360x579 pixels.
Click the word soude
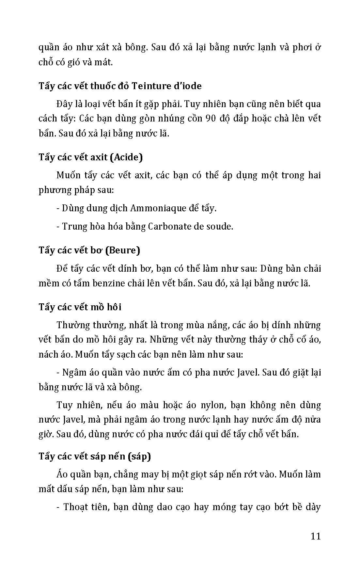[x=220, y=226]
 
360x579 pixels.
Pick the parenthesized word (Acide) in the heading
[x=126, y=157]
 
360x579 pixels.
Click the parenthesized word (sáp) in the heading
[x=139, y=456]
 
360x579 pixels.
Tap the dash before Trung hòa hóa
[x=58, y=226]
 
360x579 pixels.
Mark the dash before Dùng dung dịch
[x=58, y=208]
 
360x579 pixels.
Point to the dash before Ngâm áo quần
[x=58, y=373]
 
